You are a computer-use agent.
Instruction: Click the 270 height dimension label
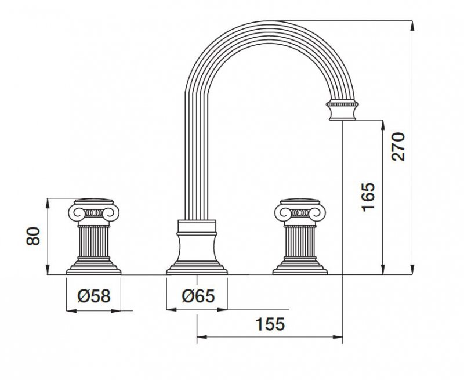pyautogui.click(x=398, y=147)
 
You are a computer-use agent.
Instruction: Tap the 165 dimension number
pyautogui.click(x=368, y=197)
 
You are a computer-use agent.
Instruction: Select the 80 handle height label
pyautogui.click(x=33, y=236)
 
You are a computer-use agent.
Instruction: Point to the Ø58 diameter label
pyautogui.click(x=94, y=296)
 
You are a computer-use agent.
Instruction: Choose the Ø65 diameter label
pyautogui.click(x=198, y=296)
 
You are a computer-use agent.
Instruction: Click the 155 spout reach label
pyautogui.click(x=270, y=324)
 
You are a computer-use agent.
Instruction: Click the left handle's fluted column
pyautogui.click(x=93, y=241)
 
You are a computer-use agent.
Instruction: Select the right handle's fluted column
pyautogui.click(x=300, y=241)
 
